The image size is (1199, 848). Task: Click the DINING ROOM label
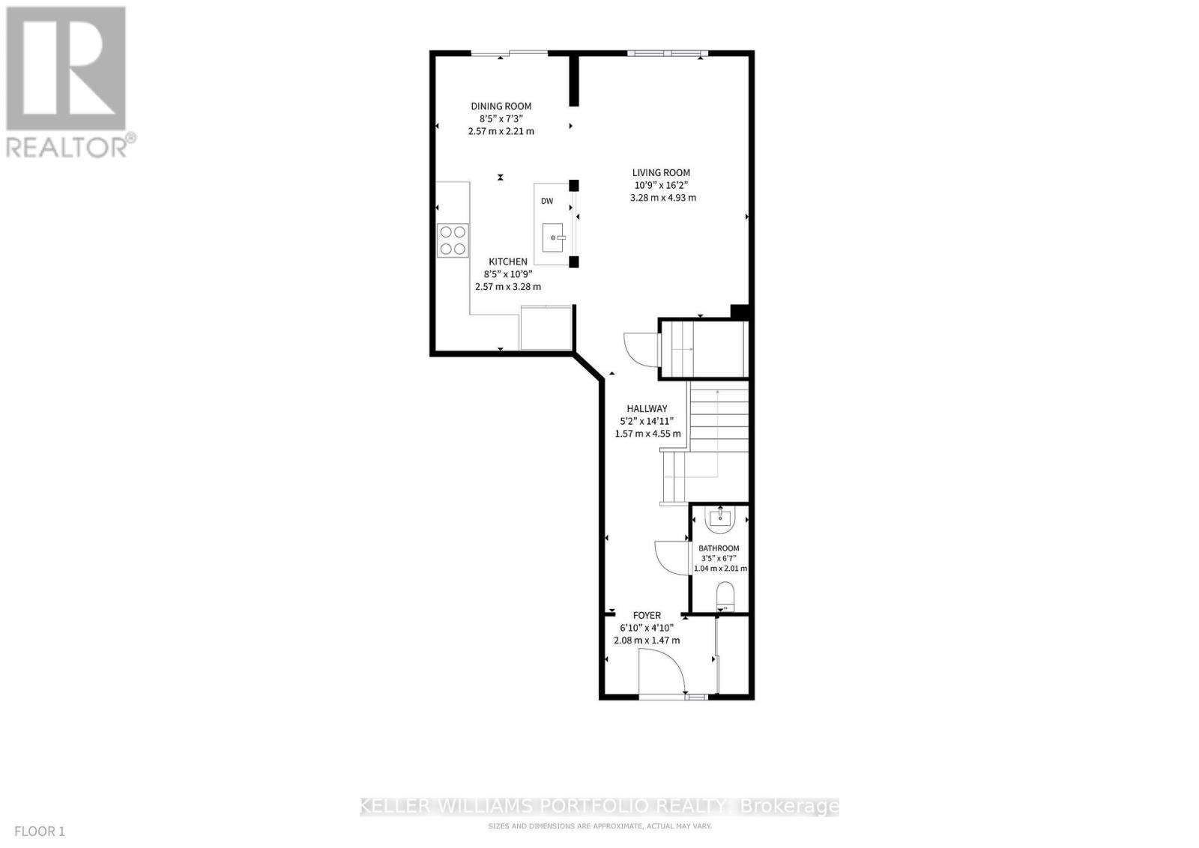(501, 106)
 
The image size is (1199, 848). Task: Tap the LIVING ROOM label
(661, 172)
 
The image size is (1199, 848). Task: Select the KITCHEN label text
(508, 261)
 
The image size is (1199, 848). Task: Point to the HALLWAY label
(647, 409)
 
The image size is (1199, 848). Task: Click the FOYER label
(647, 616)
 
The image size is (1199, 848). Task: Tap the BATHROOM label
(719, 548)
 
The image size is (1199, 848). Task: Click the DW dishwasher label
(547, 201)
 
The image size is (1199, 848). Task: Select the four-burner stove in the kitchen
(453, 241)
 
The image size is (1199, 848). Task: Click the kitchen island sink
(554, 237)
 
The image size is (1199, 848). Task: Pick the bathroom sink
(720, 517)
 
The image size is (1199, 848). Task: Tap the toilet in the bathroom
(725, 596)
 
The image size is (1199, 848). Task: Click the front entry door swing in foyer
(661, 671)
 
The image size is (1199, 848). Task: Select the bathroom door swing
(671, 557)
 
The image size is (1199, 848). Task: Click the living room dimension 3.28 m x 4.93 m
(663, 198)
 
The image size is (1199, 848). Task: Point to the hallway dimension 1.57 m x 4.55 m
(647, 434)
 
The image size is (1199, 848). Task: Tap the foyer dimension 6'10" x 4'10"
(647, 628)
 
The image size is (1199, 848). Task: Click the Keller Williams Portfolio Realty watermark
(599, 806)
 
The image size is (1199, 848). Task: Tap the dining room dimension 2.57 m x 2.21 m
(501, 131)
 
